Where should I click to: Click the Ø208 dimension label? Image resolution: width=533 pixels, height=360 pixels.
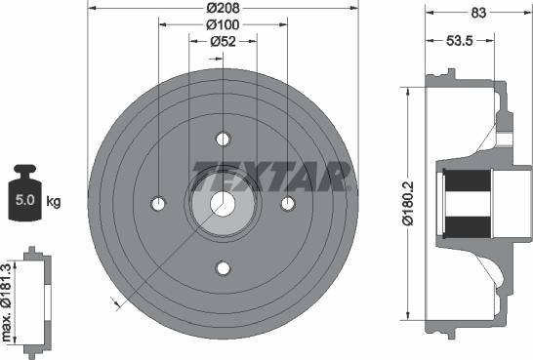click(x=223, y=9)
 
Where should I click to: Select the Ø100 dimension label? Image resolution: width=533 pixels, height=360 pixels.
click(x=223, y=25)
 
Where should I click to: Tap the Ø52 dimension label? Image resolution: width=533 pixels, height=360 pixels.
click(x=225, y=42)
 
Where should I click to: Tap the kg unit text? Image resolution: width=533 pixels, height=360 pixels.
click(x=54, y=202)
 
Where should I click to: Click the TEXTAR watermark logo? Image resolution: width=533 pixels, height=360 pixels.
click(x=271, y=177)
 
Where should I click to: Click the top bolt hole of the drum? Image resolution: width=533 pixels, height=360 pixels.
click(x=223, y=138)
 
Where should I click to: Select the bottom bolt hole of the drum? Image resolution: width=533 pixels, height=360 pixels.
click(x=223, y=267)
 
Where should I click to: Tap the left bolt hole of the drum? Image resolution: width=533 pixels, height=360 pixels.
click(x=158, y=203)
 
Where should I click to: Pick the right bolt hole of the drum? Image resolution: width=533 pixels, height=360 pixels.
click(x=288, y=203)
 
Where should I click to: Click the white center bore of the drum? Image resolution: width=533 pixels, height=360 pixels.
click(x=223, y=203)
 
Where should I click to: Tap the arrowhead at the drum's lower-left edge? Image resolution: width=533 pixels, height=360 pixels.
click(x=117, y=304)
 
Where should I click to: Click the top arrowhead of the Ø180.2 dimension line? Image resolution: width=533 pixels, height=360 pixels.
click(x=405, y=91)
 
